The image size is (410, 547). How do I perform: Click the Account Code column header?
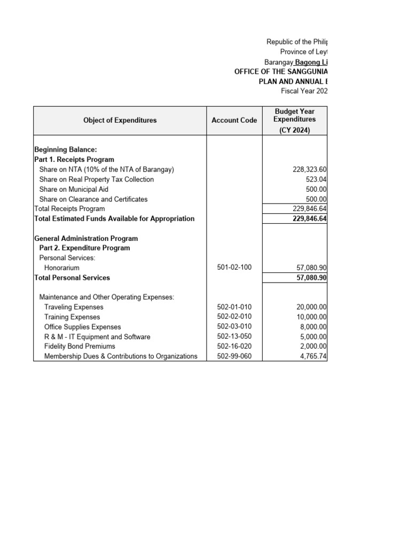tap(234, 120)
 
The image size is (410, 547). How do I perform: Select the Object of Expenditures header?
tap(120, 120)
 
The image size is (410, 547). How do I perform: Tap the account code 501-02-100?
tap(234, 268)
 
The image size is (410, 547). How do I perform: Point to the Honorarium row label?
tap(62, 268)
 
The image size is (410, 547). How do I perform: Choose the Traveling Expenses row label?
tap(74, 307)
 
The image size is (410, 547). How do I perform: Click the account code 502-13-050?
tap(234, 337)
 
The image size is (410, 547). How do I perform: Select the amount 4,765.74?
tap(311, 356)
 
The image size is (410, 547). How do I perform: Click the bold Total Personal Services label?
tap(72, 278)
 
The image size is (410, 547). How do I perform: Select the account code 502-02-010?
tap(234, 317)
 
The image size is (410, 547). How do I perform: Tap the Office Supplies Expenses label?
tap(82, 327)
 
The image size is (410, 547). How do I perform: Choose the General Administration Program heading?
tap(86, 238)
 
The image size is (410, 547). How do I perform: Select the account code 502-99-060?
tap(234, 356)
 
